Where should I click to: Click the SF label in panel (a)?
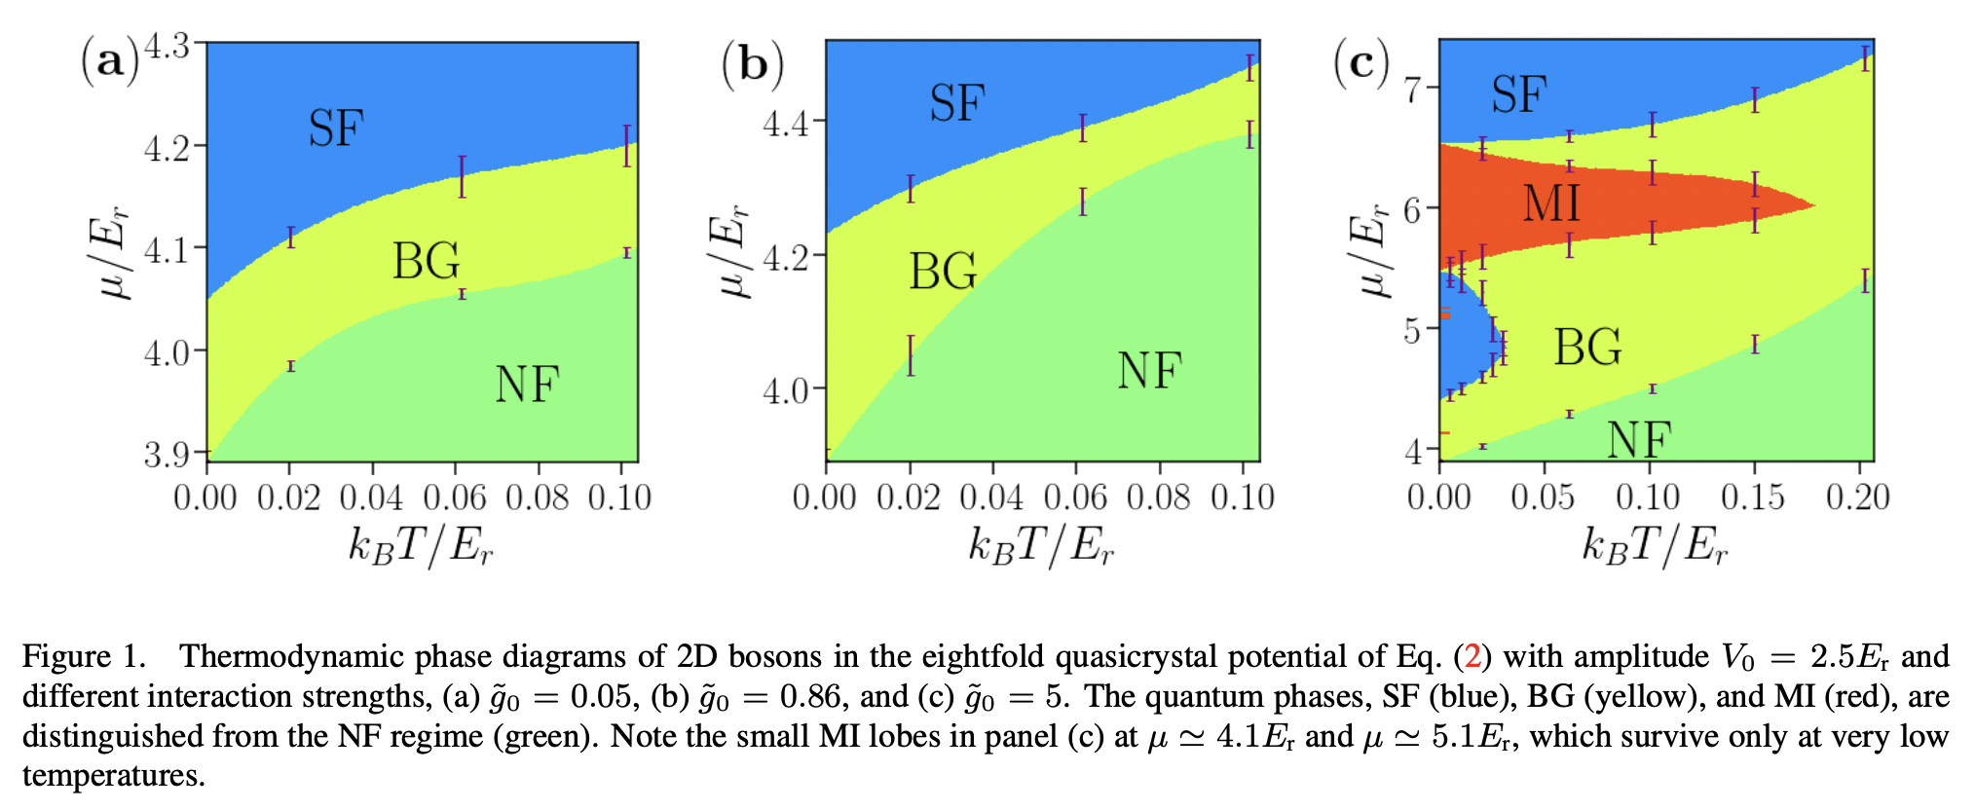pos(336,129)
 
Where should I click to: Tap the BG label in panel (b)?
pos(943,271)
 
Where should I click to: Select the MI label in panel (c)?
pos(1551,203)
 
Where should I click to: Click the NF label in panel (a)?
pos(527,385)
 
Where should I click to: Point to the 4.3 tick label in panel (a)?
pos(167,46)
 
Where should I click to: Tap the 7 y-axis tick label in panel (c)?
pos(1413,90)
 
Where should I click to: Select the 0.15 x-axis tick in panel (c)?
pos(1752,497)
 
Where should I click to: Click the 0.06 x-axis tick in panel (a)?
pos(455,497)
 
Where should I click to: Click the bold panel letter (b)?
pos(753,64)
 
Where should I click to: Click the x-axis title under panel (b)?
pos(1040,545)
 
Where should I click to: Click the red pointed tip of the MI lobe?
pos(1811,205)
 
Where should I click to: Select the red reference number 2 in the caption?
pos(1472,657)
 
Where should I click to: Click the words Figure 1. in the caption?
pos(84,657)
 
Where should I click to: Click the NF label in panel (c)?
pos(1639,440)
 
